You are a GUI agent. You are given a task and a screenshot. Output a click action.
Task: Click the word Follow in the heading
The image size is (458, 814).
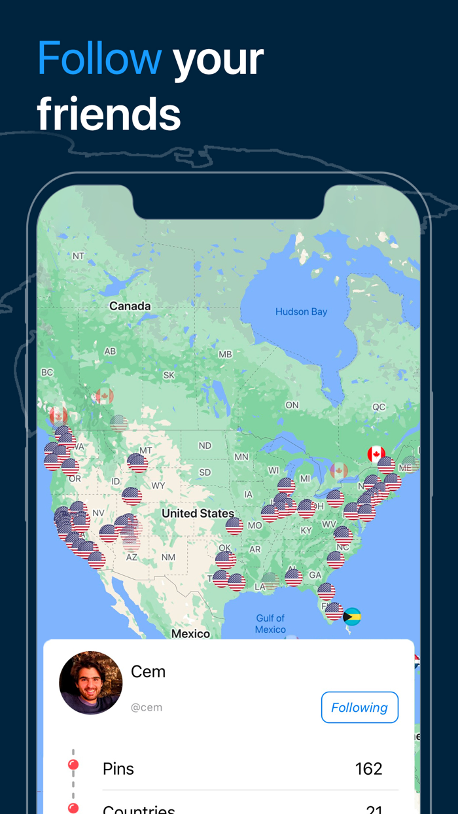99,58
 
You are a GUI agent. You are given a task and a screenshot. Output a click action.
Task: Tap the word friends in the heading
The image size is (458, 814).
109,114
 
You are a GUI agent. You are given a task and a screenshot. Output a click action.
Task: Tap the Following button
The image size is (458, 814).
359,707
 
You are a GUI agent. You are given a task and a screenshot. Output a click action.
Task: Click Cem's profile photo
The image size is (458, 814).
91,682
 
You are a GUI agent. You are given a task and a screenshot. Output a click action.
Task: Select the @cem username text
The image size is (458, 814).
147,707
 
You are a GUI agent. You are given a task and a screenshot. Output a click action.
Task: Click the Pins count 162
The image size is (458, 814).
368,768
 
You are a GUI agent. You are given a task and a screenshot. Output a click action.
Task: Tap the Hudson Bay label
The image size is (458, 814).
301,311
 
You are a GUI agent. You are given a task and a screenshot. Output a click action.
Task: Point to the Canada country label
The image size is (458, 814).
130,306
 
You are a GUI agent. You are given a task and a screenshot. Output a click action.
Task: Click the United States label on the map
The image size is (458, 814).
198,513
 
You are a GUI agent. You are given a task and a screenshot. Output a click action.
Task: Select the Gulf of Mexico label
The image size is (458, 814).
270,624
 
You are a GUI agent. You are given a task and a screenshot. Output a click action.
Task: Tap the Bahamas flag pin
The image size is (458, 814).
352,616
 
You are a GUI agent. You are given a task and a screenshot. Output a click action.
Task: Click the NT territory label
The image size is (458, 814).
79,256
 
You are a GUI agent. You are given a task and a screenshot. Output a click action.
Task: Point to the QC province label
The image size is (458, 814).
379,407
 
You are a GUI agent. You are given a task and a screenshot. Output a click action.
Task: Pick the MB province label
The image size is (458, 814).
225,355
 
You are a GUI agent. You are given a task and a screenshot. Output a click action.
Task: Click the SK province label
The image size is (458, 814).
169,375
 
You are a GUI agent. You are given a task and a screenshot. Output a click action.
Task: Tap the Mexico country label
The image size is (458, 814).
190,633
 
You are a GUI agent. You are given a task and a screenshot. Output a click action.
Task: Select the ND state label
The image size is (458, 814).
205,446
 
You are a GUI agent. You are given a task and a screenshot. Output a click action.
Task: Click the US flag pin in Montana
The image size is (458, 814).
137,463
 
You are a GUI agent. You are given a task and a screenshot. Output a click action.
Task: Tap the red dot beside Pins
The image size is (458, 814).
73,765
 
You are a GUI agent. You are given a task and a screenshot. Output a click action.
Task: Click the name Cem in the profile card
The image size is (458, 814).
148,672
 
